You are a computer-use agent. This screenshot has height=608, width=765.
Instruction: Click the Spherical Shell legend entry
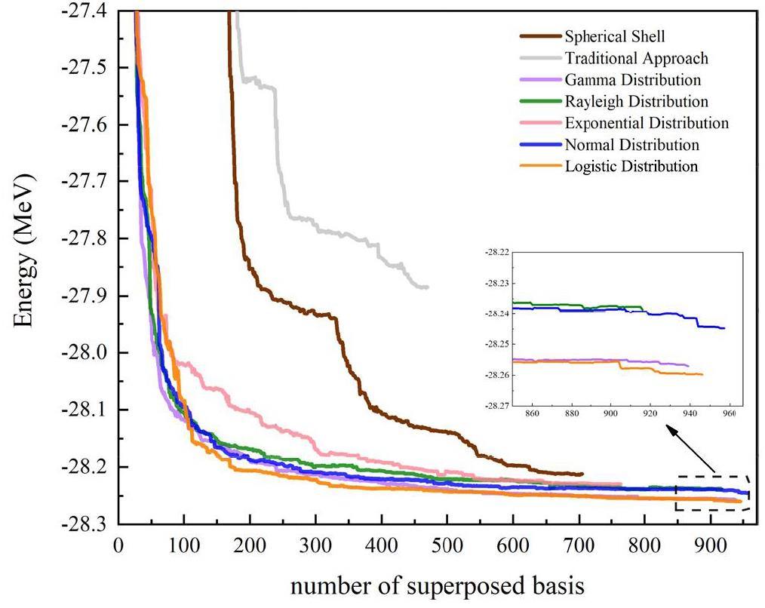(x=614, y=36)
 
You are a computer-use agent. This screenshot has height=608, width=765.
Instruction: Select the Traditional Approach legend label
(x=636, y=57)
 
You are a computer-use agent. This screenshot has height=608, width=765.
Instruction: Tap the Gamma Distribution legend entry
(x=632, y=79)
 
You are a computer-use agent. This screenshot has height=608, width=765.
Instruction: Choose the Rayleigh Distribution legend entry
(x=636, y=101)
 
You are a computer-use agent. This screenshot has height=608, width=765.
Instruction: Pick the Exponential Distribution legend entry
(x=647, y=123)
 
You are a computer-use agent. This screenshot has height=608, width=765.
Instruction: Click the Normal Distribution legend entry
(x=631, y=145)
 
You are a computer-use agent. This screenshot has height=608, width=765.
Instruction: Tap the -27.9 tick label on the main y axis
(x=87, y=296)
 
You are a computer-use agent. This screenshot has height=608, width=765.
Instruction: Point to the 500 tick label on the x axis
(x=447, y=545)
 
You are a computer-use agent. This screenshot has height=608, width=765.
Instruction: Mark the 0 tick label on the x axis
(x=118, y=545)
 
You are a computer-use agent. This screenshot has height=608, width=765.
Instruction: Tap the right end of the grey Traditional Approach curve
(x=427, y=287)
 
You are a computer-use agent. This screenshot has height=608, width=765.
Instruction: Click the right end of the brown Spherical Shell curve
(x=582, y=474)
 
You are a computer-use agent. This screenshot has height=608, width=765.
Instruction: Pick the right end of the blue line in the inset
(x=724, y=328)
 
